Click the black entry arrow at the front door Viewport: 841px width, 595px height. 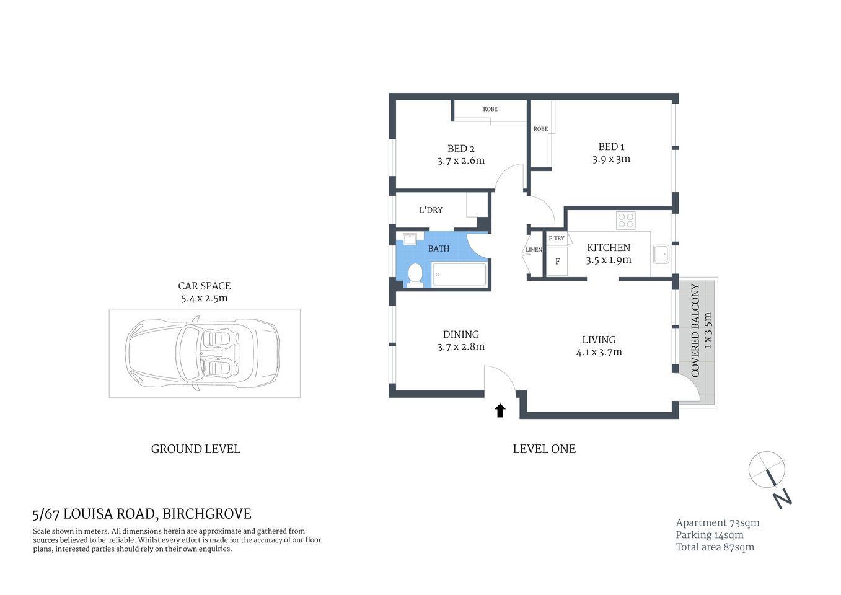click(x=500, y=410)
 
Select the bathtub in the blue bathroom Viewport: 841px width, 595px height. click(x=459, y=275)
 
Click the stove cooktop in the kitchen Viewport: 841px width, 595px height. click(x=626, y=221)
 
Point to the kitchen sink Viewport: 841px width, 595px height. click(x=661, y=254)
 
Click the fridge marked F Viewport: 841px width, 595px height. click(x=557, y=262)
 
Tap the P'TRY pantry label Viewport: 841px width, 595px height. click(x=557, y=238)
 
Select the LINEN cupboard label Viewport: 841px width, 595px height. click(x=534, y=250)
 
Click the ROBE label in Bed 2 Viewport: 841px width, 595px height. click(x=490, y=109)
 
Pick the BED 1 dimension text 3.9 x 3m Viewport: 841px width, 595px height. click(x=611, y=159)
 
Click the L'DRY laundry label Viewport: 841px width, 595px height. click(x=431, y=210)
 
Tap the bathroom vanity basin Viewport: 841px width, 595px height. click(x=410, y=239)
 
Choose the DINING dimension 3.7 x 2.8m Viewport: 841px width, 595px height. click(x=460, y=347)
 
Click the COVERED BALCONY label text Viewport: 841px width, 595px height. click(x=695, y=330)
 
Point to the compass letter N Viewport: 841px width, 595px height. click(x=782, y=498)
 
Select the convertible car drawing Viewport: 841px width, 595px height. click(x=202, y=354)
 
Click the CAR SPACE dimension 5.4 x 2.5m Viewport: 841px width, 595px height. click(x=204, y=298)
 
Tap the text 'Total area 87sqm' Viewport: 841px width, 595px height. click(x=715, y=547)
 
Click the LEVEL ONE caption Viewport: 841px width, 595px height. click(x=544, y=449)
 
